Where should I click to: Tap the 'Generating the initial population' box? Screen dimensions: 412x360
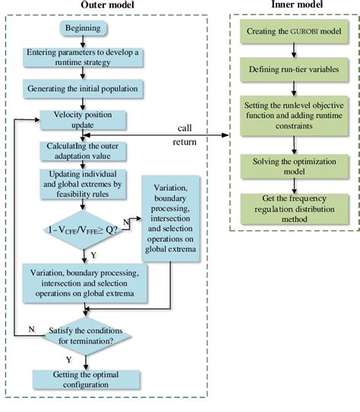click(83, 87)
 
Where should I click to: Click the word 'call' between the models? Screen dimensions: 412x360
click(185, 126)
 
